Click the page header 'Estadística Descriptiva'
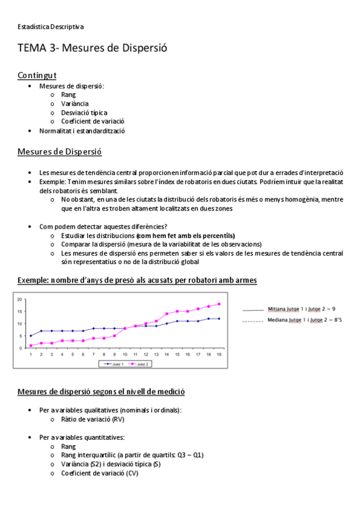(x=50, y=26)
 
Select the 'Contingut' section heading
(x=37, y=75)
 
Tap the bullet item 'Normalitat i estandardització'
(x=82, y=131)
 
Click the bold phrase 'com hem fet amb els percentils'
(x=186, y=235)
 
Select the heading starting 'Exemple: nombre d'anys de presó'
(x=137, y=280)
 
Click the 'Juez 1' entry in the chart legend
(x=112, y=364)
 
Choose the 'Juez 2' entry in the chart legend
(x=139, y=364)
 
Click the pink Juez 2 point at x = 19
(x=219, y=304)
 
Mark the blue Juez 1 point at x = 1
(x=31, y=336)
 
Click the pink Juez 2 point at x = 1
(x=31, y=346)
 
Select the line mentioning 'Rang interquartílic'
(x=132, y=455)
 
